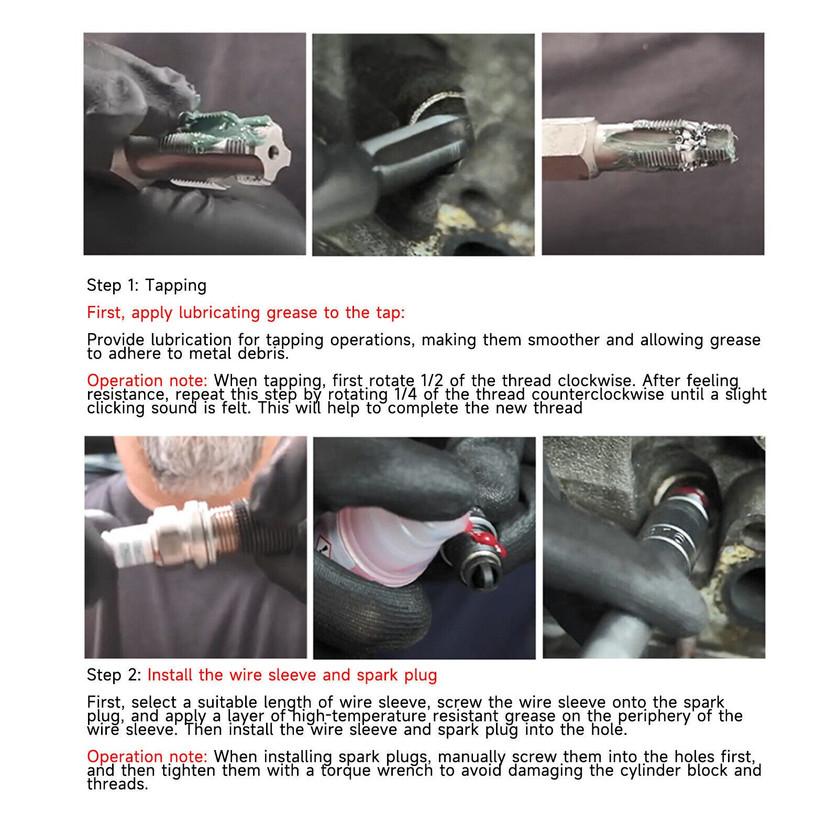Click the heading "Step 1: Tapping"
coord(147,285)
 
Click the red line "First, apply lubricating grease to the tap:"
coord(246,313)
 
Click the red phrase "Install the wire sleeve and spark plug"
coord(292,675)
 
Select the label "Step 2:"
coord(114,676)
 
